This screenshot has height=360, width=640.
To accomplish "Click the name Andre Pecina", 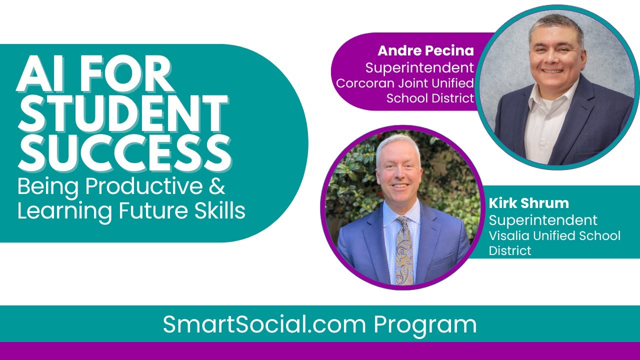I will coord(425,50).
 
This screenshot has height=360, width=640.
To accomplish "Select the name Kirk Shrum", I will coord(528,203).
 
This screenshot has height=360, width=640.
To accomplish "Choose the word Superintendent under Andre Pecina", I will coord(419,67).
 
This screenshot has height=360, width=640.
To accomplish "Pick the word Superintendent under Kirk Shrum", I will coord(543,220).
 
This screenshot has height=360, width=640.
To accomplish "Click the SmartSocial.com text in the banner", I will coord(264,324).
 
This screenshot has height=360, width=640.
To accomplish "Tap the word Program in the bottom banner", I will coord(425,324).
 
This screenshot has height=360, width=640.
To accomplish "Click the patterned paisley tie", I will coord(404,250).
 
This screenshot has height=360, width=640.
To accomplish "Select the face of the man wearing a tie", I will coord(399,170).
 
